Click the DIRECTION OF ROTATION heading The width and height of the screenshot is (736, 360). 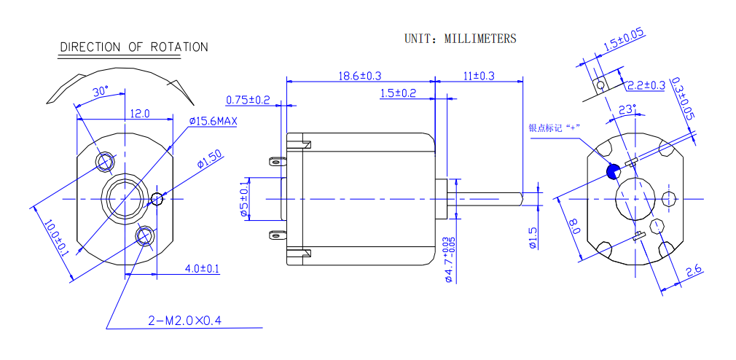[133, 47]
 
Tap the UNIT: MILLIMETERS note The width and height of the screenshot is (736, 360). [461, 39]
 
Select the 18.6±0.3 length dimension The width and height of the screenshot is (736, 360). [360, 76]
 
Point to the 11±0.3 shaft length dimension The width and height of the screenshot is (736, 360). [479, 76]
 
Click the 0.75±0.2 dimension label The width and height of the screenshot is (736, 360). [248, 100]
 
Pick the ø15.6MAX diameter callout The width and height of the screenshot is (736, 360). [213, 121]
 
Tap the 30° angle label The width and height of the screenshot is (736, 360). [101, 92]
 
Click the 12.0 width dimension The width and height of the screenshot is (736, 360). [139, 114]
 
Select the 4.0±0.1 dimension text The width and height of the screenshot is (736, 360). [202, 269]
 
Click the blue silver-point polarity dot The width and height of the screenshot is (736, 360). [613, 171]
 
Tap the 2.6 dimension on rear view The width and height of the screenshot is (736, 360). [694, 271]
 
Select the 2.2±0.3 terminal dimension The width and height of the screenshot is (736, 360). [646, 85]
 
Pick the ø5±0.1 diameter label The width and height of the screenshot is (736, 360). [245, 197]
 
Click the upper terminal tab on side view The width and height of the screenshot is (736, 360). [276, 162]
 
